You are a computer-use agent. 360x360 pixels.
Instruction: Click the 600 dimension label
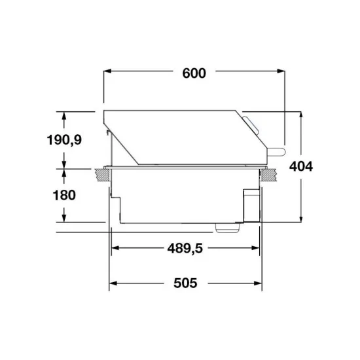pyautogui.click(x=194, y=73)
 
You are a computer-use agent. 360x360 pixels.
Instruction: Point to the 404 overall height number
pyautogui.click(x=300, y=166)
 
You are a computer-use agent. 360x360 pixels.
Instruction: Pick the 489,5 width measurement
pyautogui.click(x=185, y=249)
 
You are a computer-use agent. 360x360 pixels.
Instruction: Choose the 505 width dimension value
pyautogui.click(x=185, y=283)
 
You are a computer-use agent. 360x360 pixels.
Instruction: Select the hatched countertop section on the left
pyautogui.click(x=101, y=173)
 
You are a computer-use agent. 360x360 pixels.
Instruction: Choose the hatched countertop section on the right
pyautogui.click(x=268, y=173)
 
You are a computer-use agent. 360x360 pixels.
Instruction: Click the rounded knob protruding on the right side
pyautogui.click(x=278, y=151)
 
